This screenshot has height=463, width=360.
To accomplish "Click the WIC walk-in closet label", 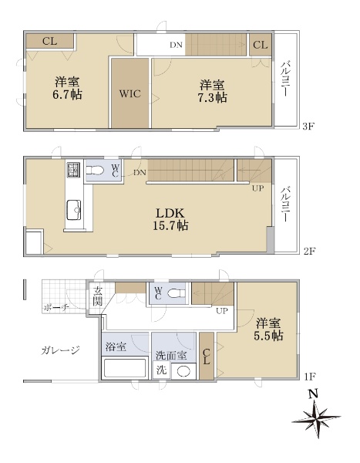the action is tap(130, 94).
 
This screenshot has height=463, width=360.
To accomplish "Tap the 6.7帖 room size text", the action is tap(67, 95).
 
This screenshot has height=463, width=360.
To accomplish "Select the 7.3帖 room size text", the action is tap(212, 98).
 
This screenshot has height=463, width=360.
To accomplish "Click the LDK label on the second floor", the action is tap(170, 213).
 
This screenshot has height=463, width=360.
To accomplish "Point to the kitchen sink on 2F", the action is tap(74, 210).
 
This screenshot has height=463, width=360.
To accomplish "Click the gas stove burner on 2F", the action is tap(73, 170).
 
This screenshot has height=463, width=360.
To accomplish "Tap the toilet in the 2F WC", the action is tap(95, 171).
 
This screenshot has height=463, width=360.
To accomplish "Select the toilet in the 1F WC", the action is tap(177, 293).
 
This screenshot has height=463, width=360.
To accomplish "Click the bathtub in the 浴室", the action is tap(125, 367).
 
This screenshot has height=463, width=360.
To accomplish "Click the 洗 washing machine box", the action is tap(161, 370).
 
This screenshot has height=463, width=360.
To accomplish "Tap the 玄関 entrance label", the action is tap(97, 296).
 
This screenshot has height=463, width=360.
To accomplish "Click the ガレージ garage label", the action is tap(60, 350).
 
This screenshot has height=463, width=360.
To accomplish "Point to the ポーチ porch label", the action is tap(56, 308).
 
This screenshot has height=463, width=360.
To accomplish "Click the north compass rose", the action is tap(316, 417).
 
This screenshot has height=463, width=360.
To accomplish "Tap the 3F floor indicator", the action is tap(308, 127).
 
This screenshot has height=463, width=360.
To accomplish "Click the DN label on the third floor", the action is tap(176, 46).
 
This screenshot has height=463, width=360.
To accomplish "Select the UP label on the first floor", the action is tap(222, 311).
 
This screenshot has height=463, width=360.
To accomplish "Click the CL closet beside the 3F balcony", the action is tap(261, 45).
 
